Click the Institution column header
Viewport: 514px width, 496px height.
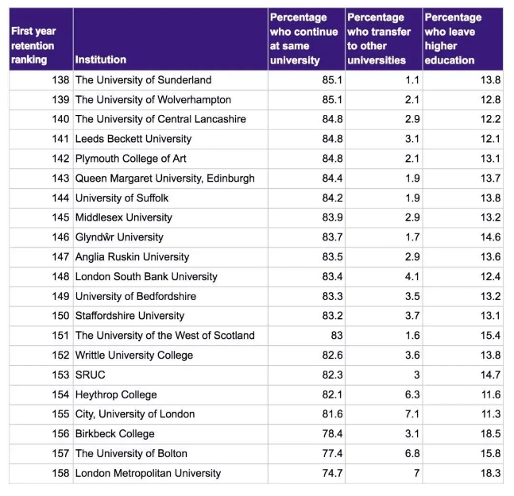(101, 60)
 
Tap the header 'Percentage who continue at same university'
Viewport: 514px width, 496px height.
(304, 39)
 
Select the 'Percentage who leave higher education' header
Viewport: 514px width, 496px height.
(453, 39)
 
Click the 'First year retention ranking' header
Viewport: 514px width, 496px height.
(33, 45)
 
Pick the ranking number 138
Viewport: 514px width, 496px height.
(60, 80)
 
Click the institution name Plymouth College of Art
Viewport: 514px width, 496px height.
(131, 159)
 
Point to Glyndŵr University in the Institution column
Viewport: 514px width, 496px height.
(119, 237)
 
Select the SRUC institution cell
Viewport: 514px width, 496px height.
(90, 375)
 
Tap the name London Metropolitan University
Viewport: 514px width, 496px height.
(149, 473)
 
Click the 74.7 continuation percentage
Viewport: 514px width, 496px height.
(332, 473)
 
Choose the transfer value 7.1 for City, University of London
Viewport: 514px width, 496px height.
(412, 414)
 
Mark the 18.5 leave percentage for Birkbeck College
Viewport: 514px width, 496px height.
(490, 434)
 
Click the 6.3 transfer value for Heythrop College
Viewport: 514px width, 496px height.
(412, 394)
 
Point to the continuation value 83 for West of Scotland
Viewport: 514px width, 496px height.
(337, 336)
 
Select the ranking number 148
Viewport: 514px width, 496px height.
(60, 277)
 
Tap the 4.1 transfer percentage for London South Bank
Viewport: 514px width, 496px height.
(412, 277)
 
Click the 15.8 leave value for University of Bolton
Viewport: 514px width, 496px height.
(490, 453)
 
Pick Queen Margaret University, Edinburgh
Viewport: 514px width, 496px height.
(165, 179)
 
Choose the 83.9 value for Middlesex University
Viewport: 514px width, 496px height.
(332, 217)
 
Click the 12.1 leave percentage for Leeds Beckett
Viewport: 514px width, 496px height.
(490, 139)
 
